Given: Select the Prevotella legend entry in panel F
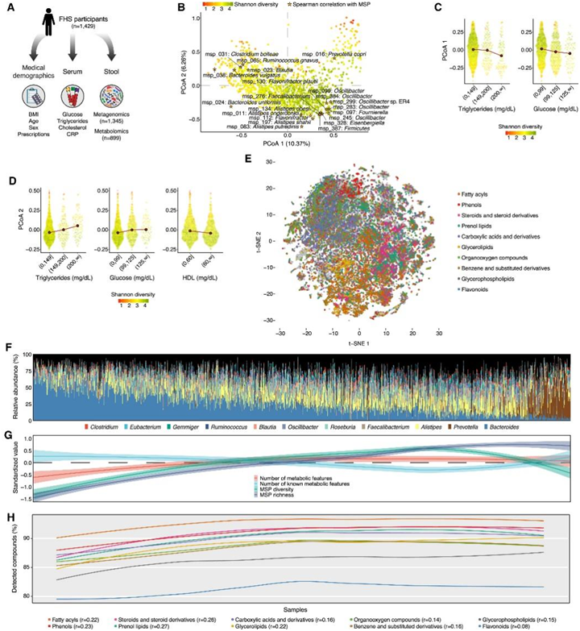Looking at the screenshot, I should (x=456, y=426).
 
